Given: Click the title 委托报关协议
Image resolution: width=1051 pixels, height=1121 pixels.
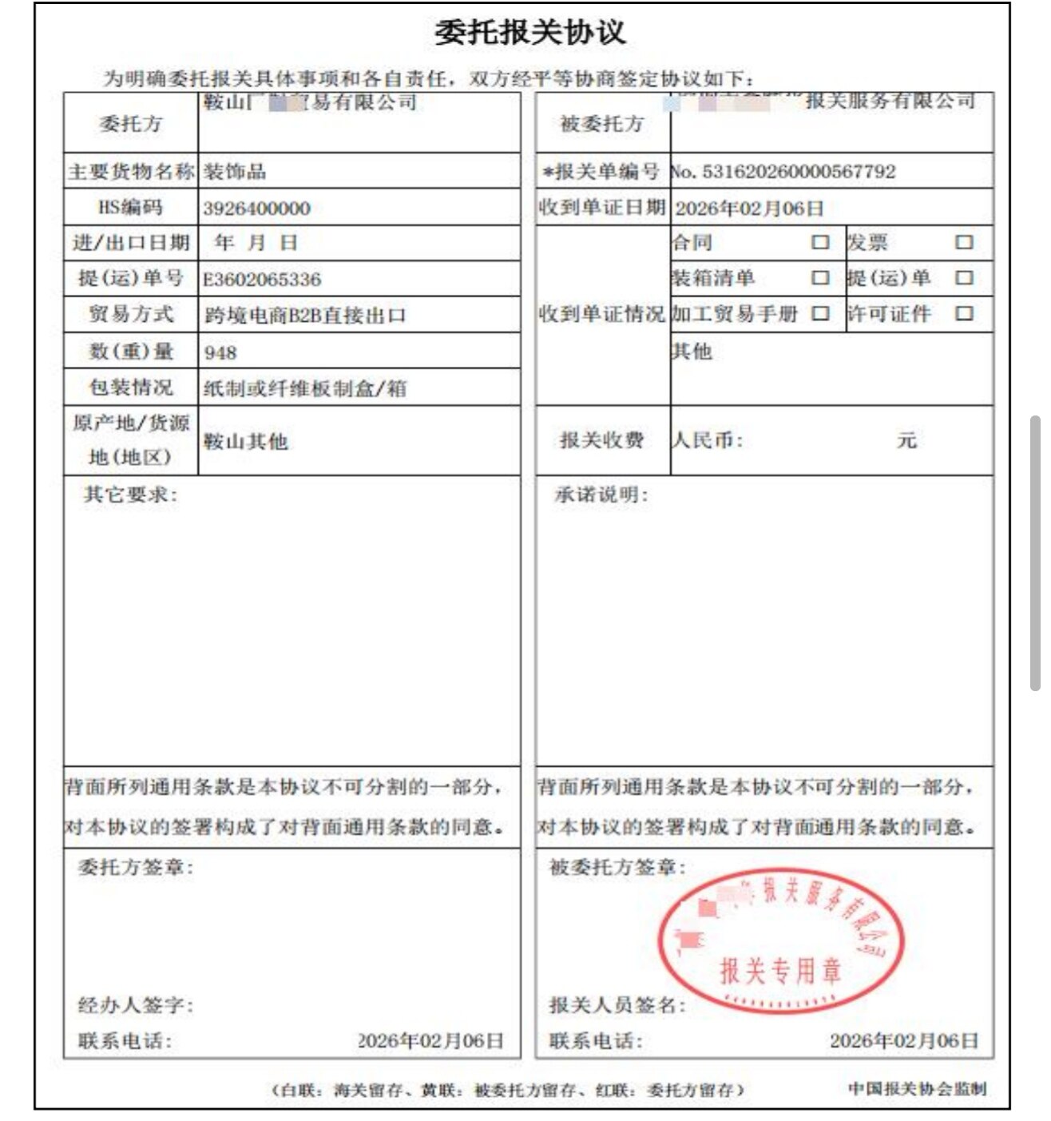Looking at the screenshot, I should tap(529, 33).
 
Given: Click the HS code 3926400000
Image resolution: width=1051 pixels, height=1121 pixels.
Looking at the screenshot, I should tap(256, 209).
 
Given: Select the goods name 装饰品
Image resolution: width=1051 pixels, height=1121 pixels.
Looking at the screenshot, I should tap(235, 172).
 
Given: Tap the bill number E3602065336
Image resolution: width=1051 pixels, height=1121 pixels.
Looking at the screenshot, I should tap(262, 280).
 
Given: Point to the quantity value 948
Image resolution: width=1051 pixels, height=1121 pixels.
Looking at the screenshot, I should tap(220, 352).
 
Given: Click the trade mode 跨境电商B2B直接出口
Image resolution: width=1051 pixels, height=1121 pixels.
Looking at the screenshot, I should tap(304, 316).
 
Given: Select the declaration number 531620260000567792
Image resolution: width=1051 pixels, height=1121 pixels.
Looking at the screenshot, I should tap(798, 172).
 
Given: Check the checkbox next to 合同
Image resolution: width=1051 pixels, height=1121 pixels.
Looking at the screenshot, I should tap(820, 242).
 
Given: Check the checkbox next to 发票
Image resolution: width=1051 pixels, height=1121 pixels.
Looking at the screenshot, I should tap(964, 242).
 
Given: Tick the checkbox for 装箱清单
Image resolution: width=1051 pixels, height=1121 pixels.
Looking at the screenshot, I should tap(820, 278).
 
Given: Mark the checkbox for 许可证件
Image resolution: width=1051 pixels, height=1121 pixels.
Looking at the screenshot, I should tap(964, 313).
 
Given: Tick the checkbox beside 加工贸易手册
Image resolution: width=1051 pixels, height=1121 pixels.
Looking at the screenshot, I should tap(820, 313).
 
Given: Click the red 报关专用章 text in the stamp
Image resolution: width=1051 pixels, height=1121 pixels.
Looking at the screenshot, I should tap(780, 971).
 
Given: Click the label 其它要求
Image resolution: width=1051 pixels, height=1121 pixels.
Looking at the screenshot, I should tap(131, 495).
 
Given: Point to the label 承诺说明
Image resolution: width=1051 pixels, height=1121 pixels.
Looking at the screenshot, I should tap(601, 495).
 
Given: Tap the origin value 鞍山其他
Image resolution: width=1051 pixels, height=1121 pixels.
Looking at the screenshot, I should tap(245, 442).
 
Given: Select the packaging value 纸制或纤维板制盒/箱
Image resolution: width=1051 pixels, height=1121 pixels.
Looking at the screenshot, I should tap(304, 389).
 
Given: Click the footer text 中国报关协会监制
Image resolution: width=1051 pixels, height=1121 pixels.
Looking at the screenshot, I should tap(917, 1088).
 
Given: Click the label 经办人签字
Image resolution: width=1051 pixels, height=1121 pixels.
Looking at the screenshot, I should tap(135, 1005).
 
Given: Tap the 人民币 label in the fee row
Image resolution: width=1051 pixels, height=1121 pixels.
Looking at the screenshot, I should tap(708, 440).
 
